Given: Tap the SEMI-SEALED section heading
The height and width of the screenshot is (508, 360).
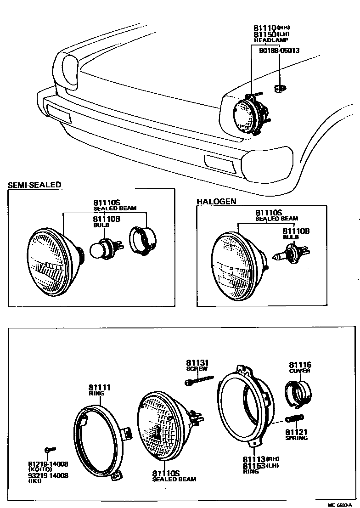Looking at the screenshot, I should [x=34, y=185].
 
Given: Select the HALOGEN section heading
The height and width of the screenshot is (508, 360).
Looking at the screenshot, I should [x=216, y=202].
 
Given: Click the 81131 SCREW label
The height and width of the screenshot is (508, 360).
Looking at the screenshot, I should [x=197, y=365].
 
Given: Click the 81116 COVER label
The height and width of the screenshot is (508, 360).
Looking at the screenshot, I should [x=300, y=367].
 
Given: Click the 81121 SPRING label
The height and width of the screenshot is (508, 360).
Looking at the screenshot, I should [x=296, y=435].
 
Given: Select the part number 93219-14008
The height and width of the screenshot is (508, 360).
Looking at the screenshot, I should [x=48, y=475].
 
